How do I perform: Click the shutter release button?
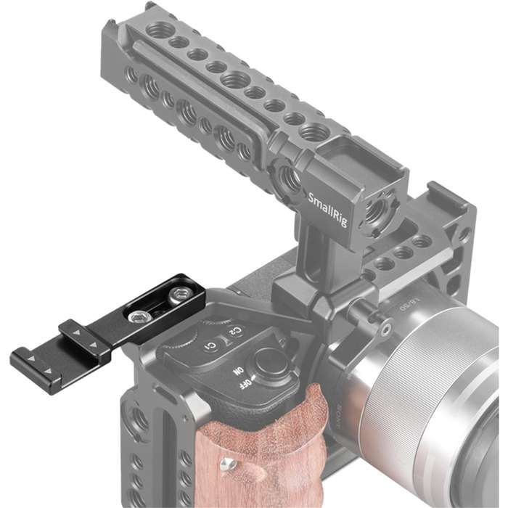(x=269, y=361)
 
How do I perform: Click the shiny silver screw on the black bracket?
(x=136, y=315)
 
